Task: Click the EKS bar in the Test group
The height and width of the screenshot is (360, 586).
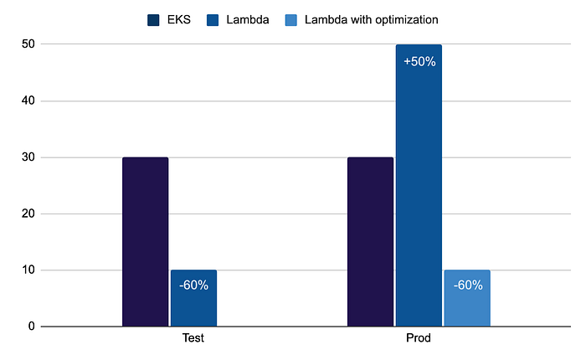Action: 145,242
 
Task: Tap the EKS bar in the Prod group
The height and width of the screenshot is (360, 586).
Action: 370,242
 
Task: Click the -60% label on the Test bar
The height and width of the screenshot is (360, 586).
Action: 193,285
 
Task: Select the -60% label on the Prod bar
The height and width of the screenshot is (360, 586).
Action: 467,285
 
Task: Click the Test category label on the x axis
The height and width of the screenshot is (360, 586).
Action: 194,340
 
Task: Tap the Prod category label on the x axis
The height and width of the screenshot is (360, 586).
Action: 419,340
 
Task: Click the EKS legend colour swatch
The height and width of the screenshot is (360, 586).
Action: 154,19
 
